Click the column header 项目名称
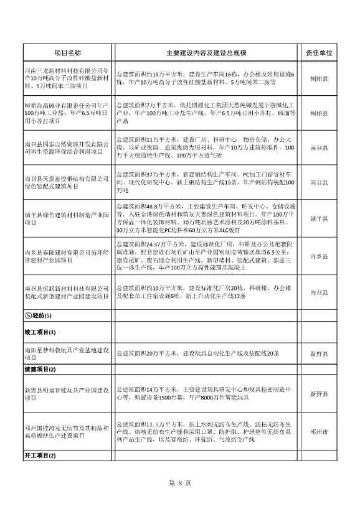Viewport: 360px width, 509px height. coord(68,54)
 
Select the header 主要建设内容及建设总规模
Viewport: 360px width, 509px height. coord(206,54)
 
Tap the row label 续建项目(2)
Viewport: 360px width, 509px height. coord(40,370)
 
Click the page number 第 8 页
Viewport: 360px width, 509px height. coord(179,483)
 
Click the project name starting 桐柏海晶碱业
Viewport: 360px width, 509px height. coord(68,113)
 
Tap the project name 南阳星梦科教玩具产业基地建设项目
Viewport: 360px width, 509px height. coord(68,353)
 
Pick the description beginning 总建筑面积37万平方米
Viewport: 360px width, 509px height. coord(206,183)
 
